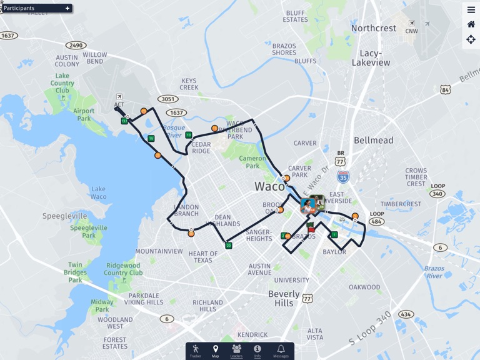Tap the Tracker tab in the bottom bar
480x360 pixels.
(x=196, y=351)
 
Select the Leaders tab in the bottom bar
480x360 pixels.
(x=236, y=351)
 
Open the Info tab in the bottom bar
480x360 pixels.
(x=257, y=351)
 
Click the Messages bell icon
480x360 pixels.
(x=281, y=351)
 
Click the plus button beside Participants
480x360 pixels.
(x=67, y=8)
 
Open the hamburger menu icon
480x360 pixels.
(x=471, y=9)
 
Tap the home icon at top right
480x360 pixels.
(x=471, y=24)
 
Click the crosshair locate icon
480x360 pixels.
(x=471, y=39)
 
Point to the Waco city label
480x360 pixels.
(x=270, y=186)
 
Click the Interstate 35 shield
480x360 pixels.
(x=343, y=177)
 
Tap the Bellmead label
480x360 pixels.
(x=374, y=140)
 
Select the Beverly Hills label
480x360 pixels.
(x=284, y=298)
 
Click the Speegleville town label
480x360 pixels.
(x=65, y=216)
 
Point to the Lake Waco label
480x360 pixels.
(x=99, y=192)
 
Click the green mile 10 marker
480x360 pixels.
(x=189, y=135)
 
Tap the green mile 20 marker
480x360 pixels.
(x=229, y=245)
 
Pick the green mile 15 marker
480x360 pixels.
(x=151, y=138)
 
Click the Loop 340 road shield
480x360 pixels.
(x=438, y=194)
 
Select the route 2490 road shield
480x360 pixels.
(x=76, y=45)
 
